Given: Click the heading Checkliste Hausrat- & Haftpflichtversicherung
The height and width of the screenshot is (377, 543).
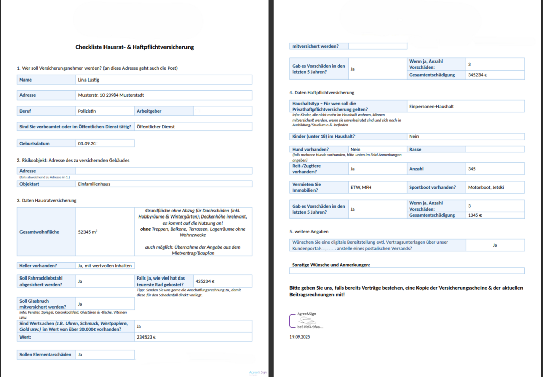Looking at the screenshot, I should (x=135, y=47).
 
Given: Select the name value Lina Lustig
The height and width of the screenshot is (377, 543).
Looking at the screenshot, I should (x=89, y=80).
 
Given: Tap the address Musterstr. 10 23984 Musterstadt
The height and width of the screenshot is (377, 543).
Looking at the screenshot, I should (x=111, y=95).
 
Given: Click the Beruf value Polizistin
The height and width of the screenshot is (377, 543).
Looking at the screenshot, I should (x=87, y=111).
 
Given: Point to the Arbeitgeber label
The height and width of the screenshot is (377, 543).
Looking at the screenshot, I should (x=149, y=111).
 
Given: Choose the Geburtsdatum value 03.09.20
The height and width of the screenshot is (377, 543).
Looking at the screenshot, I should (x=87, y=144).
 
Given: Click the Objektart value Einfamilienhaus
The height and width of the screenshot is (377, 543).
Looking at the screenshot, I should (x=94, y=184).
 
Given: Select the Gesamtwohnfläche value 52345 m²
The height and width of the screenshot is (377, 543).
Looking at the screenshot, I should (x=88, y=232).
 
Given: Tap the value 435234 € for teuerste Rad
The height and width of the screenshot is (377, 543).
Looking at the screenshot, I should (x=205, y=281).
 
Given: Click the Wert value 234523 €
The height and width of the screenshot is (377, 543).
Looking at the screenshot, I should (x=146, y=338).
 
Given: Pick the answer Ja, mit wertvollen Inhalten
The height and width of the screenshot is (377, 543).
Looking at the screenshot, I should (x=105, y=266).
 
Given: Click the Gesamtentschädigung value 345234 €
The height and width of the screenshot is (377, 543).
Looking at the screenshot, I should (x=477, y=75).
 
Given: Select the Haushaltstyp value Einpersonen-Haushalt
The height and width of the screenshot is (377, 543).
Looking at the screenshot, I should (x=431, y=107).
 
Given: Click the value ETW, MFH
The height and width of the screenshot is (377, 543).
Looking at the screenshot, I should (x=361, y=187).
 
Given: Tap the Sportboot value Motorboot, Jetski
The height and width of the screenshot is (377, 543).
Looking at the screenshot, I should (x=486, y=187).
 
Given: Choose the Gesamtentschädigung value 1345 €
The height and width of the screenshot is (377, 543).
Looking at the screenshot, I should (x=475, y=215).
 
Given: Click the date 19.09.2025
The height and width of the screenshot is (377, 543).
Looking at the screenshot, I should (x=300, y=337).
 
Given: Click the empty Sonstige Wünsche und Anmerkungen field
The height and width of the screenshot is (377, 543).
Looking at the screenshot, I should (x=407, y=271).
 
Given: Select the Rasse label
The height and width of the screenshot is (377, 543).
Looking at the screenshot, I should (x=415, y=149).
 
